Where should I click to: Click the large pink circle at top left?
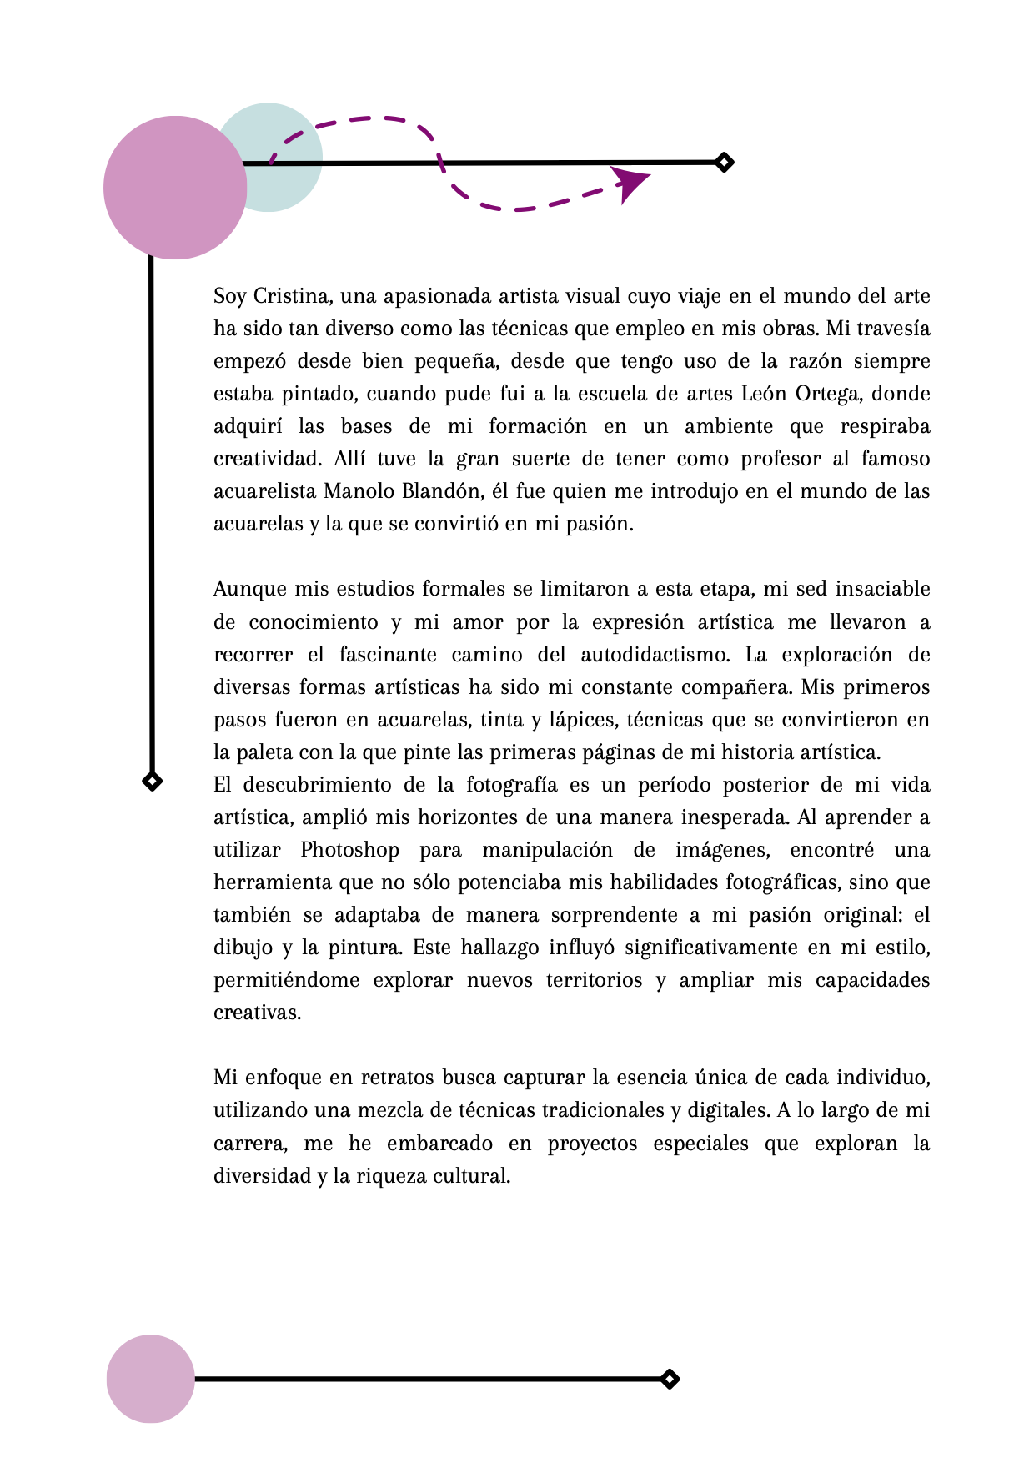click(175, 188)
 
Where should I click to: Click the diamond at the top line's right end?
click(724, 162)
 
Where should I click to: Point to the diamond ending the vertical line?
click(152, 782)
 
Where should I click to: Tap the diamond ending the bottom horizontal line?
click(670, 1379)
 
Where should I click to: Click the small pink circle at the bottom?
click(151, 1379)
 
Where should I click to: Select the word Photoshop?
click(349, 850)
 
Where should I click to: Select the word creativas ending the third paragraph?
click(256, 1013)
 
